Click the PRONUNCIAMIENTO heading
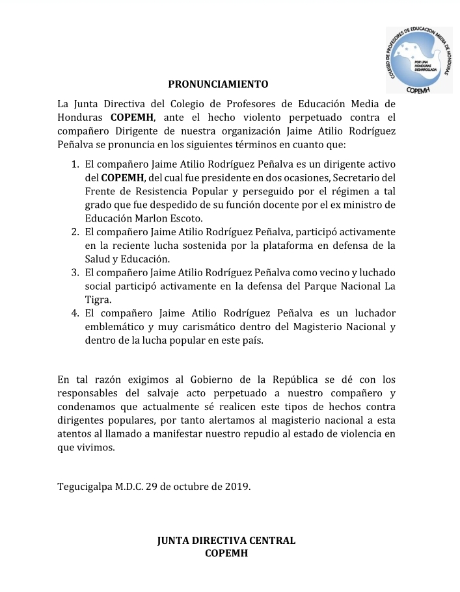pyautogui.click(x=218, y=84)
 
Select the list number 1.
pyautogui.click(x=75, y=164)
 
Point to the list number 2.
pyautogui.click(x=75, y=232)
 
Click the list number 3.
pyautogui.click(x=75, y=273)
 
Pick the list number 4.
pyautogui.click(x=75, y=313)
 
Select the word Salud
pyautogui.click(x=98, y=259)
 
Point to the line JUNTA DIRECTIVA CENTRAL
pyautogui.click(x=226, y=541)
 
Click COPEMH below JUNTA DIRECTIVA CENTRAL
pyautogui.click(x=226, y=554)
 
